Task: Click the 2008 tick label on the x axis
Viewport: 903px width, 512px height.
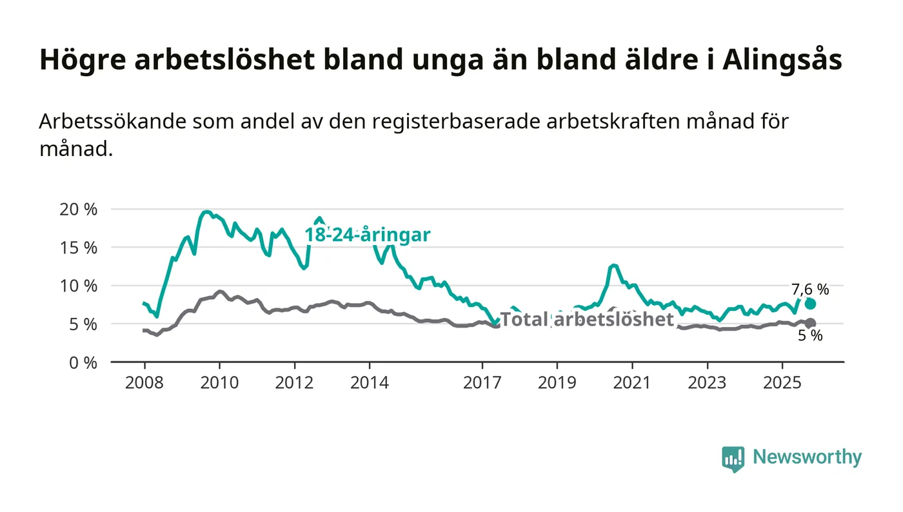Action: (144, 382)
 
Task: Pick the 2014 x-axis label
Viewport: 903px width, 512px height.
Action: (370, 382)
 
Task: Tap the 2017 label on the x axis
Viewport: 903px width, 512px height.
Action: (482, 382)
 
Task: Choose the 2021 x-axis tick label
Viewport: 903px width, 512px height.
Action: (632, 382)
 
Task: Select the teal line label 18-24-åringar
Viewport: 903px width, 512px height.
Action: (367, 235)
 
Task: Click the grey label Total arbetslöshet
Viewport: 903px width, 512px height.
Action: (587, 319)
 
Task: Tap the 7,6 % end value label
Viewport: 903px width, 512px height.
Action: (810, 290)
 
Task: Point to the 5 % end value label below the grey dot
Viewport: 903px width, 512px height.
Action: (810, 335)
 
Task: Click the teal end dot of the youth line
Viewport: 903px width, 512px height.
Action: (810, 304)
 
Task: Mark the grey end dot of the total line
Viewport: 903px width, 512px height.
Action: (810, 323)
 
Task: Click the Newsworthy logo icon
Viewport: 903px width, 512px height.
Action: (733, 458)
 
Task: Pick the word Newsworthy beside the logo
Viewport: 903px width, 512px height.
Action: (807, 457)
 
